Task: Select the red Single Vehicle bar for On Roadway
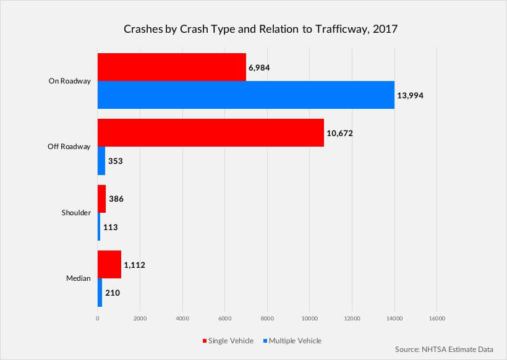point(171,67)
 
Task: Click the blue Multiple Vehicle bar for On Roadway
point(245,95)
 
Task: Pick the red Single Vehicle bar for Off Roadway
point(210,133)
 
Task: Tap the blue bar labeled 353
point(101,161)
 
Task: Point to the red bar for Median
point(109,265)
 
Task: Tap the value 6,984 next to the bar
point(260,67)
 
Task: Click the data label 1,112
point(134,265)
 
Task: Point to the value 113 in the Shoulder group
point(111,227)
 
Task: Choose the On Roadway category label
point(70,81)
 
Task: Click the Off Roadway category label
point(69,147)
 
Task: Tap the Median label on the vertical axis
point(79,278)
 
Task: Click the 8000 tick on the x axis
point(267,319)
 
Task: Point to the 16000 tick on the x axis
point(437,319)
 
